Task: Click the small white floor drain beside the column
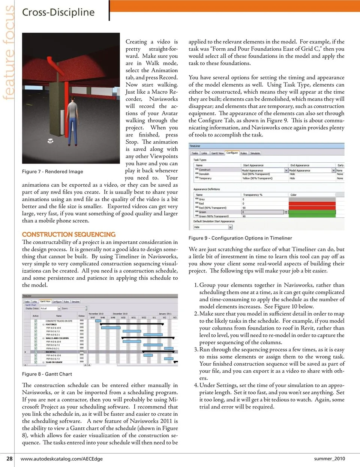[51, 141]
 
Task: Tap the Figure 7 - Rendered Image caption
[52, 172]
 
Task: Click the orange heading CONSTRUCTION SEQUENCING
[69, 235]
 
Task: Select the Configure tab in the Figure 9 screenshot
[232, 153]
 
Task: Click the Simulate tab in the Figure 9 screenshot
[255, 153]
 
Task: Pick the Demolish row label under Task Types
[204, 174]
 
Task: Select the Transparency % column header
[253, 195]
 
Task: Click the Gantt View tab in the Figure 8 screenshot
[45, 301]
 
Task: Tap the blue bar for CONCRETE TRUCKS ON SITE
[98, 321]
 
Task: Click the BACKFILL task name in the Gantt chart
[51, 352]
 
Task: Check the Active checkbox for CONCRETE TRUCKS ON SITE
[36, 321]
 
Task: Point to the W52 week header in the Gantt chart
[144, 317]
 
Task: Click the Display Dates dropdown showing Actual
[50, 308]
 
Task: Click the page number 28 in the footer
[9, 458]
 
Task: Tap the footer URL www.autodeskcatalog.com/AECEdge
[61, 459]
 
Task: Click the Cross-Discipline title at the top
[58, 12]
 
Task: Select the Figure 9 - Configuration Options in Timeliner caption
[240, 238]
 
